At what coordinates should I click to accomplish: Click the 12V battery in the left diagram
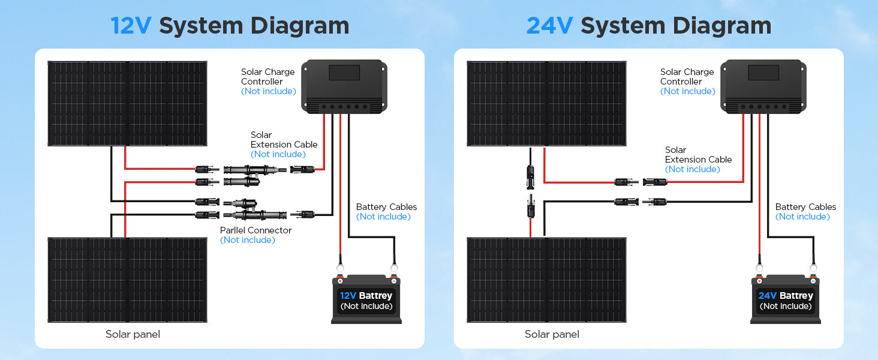[x=366, y=300]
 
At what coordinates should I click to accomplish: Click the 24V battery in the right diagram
[x=786, y=300]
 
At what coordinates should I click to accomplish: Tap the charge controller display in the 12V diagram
[x=344, y=73]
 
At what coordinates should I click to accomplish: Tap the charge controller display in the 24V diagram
[x=763, y=73]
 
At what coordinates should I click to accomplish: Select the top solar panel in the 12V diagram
[x=127, y=103]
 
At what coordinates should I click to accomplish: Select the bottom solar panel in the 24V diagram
[x=546, y=280]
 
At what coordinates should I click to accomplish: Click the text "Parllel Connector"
[x=255, y=230]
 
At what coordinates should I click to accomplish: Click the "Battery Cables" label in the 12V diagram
[x=386, y=207]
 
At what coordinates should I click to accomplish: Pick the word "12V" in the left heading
[x=131, y=26]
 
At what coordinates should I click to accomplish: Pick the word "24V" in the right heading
[x=549, y=26]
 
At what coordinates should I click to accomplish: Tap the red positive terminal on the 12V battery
[x=340, y=280]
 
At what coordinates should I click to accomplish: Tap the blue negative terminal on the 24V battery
[x=813, y=280]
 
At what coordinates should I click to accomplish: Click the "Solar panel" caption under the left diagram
[x=133, y=334]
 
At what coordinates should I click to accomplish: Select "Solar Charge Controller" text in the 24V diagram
[x=687, y=77]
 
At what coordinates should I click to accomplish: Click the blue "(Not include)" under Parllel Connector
[x=247, y=240]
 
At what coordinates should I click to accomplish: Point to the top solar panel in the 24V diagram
[x=546, y=103]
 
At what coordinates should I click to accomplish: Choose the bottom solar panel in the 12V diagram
[x=127, y=280]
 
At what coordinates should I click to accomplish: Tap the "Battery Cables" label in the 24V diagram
[x=805, y=207]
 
